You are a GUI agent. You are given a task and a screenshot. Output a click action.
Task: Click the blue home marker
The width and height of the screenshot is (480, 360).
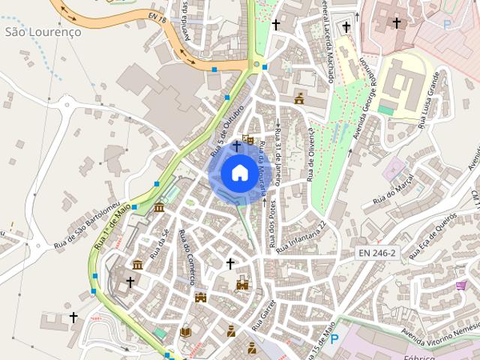coord(238,172)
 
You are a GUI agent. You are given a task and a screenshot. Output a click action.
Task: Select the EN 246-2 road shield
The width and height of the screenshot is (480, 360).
coord(376,253)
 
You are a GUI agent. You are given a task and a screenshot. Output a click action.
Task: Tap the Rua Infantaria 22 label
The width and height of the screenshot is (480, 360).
coord(302,236)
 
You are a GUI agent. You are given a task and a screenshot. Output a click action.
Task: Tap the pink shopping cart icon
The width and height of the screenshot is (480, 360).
coord(460,285)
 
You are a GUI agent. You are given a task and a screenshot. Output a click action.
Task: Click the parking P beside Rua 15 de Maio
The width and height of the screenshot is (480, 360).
coord(334,339)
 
